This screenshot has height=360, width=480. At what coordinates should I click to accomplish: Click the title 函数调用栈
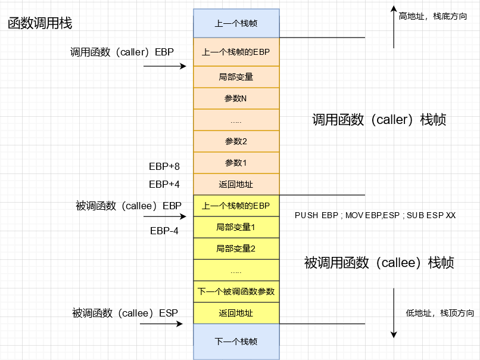click(39, 24)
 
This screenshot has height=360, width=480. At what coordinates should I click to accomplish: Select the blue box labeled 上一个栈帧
click(236, 24)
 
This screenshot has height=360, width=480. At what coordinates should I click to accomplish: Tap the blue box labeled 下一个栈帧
click(236, 342)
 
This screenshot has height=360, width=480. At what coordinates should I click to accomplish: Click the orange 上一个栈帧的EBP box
click(236, 52)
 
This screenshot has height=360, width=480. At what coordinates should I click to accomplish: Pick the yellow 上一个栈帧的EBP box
click(236, 206)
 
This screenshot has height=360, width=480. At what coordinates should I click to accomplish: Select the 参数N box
click(236, 98)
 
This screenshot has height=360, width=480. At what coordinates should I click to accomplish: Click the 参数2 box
click(236, 141)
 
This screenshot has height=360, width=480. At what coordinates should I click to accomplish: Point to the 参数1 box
click(236, 163)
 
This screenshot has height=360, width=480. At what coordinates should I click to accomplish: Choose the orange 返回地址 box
click(236, 185)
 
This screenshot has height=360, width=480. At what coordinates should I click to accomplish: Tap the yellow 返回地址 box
click(236, 314)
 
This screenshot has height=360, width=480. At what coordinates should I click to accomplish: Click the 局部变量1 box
click(236, 227)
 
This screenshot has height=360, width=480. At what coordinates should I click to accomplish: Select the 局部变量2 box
click(236, 249)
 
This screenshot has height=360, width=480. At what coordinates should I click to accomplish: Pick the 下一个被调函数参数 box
click(236, 291)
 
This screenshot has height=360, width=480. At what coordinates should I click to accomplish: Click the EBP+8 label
click(164, 166)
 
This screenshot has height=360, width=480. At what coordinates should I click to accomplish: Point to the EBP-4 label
click(164, 231)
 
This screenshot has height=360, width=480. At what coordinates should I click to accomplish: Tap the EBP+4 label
click(164, 184)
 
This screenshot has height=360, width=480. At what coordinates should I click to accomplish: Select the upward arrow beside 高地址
click(394, 26)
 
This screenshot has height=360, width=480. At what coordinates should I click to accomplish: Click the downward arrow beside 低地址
click(394, 313)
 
